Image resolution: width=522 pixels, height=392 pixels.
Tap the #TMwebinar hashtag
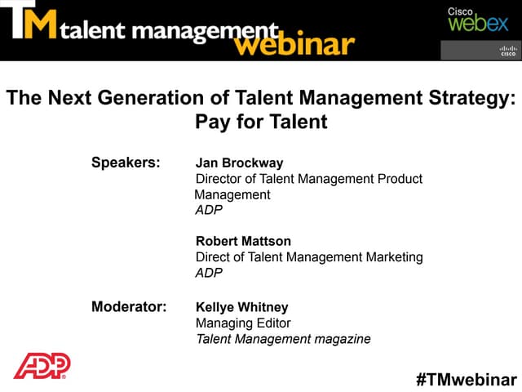[466, 380]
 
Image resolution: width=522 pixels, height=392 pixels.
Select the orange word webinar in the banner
[294, 42]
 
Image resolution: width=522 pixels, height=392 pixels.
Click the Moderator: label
[129, 307]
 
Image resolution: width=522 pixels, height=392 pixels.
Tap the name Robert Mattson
[243, 241]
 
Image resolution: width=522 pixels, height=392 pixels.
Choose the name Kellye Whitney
[242, 308]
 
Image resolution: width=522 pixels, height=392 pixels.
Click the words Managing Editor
[243, 323]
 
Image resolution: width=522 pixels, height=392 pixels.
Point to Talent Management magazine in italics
[283, 339]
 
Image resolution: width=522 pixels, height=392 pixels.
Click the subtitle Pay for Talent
[261, 123]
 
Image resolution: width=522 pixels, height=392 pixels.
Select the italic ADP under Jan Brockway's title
[209, 210]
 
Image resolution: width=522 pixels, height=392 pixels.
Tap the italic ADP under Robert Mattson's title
[209, 273]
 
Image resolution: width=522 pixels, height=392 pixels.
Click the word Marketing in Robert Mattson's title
[395, 257]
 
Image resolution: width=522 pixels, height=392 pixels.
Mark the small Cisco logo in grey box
[508, 51]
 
